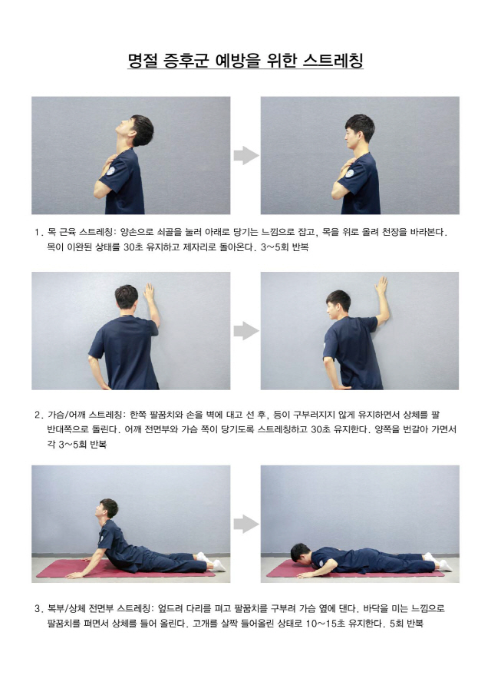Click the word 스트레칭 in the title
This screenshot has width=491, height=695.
[334, 60]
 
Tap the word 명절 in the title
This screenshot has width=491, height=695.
[143, 60]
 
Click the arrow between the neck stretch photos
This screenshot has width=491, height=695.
[246, 155]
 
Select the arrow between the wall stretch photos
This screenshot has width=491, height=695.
[246, 331]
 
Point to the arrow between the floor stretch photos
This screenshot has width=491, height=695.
[246, 524]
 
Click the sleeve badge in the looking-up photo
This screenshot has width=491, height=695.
[110, 171]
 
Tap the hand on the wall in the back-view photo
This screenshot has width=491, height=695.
[149, 291]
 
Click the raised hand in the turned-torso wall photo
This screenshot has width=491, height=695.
[381, 286]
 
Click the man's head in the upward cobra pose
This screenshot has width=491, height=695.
[107, 508]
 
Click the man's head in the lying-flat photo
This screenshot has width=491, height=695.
[300, 553]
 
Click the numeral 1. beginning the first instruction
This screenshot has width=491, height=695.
[38, 232]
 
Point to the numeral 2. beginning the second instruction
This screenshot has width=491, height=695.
[38, 415]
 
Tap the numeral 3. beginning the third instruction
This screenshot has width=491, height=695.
[38, 608]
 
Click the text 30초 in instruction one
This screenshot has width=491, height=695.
[133, 247]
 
